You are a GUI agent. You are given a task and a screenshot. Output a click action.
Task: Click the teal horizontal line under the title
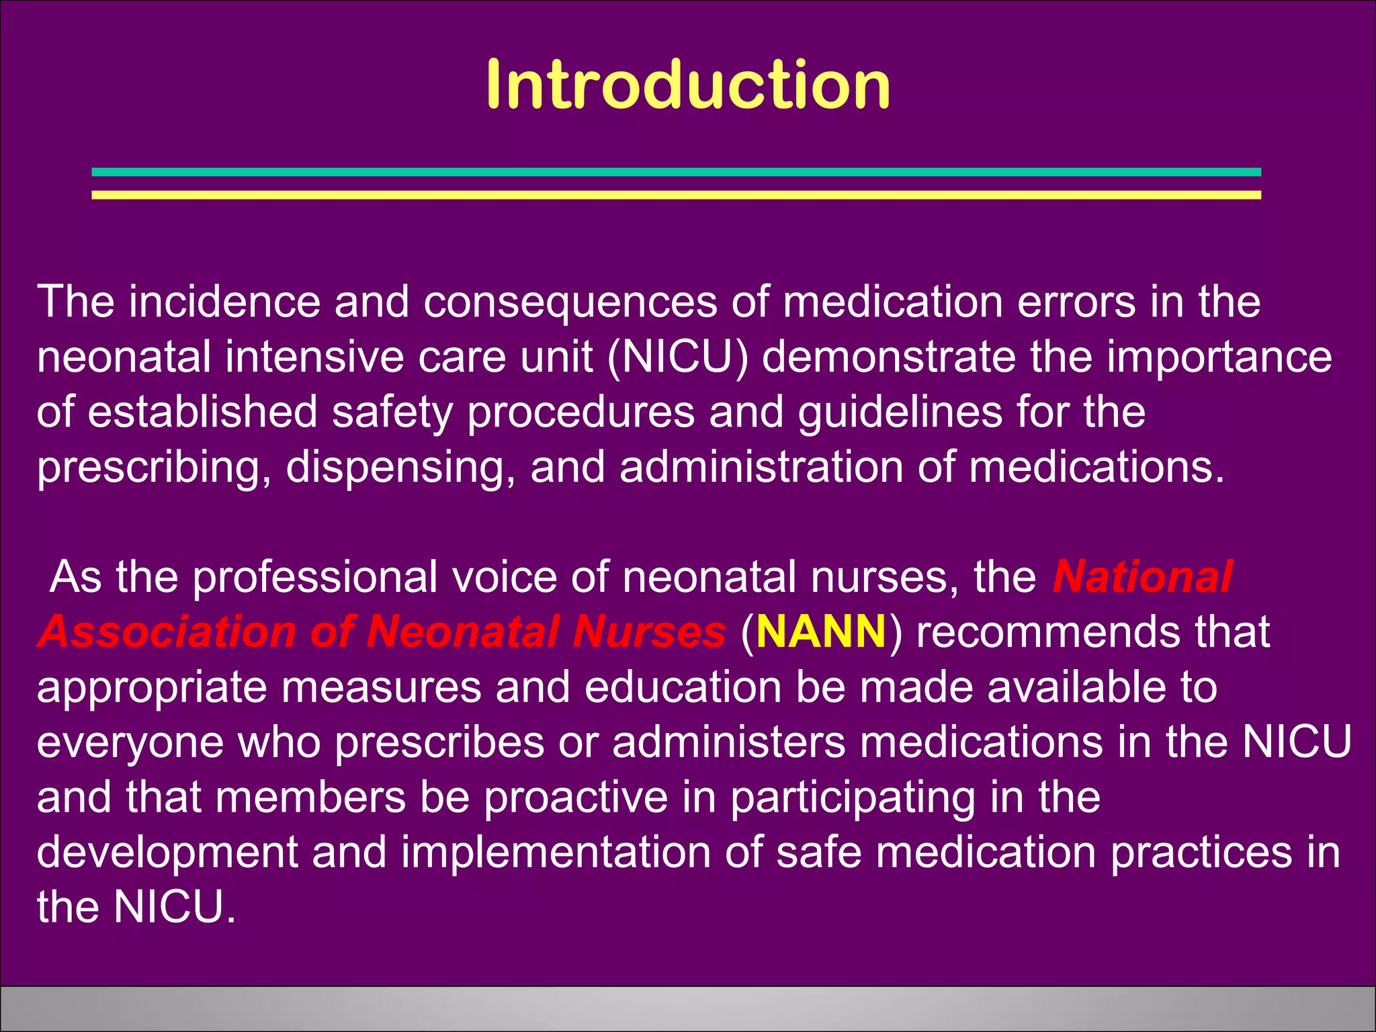point(676,172)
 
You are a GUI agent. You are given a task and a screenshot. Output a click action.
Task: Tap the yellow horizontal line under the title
point(676,195)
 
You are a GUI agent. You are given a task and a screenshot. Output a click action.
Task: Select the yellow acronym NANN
point(820,632)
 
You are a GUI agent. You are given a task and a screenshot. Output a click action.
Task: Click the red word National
point(1142,576)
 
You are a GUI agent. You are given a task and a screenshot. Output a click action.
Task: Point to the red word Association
point(167,632)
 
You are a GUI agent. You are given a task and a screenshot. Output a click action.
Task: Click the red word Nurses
point(649,632)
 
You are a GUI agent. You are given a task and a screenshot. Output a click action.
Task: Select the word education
point(683,687)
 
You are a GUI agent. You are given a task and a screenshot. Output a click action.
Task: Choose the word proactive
point(576,797)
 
